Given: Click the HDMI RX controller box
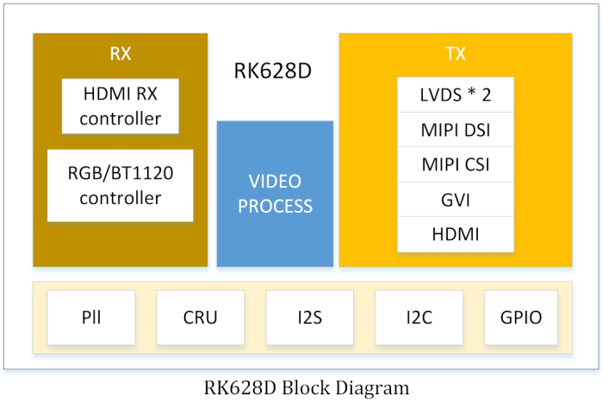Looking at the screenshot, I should tap(121, 106).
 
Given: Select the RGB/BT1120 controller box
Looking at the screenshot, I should tap(121, 186).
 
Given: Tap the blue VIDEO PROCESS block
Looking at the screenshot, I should tap(275, 194).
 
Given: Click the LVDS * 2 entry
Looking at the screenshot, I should tap(456, 95).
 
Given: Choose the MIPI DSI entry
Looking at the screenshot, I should tap(456, 130).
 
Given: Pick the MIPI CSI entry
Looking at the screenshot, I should tap(456, 164).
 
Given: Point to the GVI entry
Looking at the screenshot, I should tap(456, 200).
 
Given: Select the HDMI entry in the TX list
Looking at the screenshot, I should tap(456, 234).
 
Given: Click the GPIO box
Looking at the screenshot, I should tap(521, 318).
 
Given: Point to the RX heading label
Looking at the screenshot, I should tap(121, 53).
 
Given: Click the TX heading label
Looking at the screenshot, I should tap(456, 53).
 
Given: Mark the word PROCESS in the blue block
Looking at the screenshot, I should tap(275, 207).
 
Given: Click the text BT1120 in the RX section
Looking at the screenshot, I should tap(140, 174).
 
